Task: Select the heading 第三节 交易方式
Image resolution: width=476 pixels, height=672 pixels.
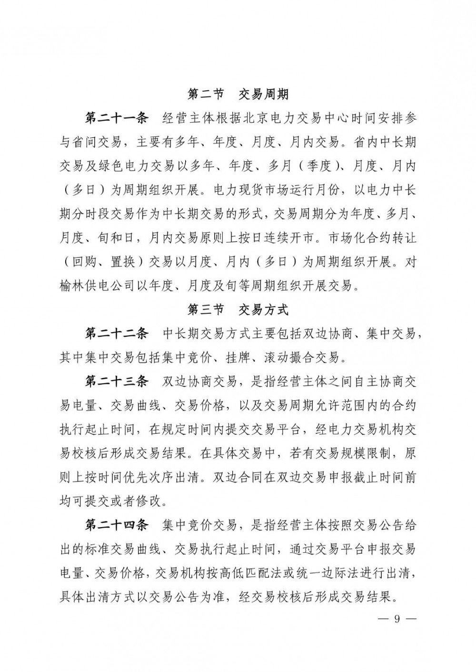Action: click(x=238, y=310)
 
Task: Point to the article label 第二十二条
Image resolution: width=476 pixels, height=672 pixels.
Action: click(x=117, y=334)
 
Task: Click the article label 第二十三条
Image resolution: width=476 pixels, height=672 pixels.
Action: click(x=117, y=382)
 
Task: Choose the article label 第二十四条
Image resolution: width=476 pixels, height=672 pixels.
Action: click(x=117, y=526)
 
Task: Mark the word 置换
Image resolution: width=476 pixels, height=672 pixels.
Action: click(x=124, y=262)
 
